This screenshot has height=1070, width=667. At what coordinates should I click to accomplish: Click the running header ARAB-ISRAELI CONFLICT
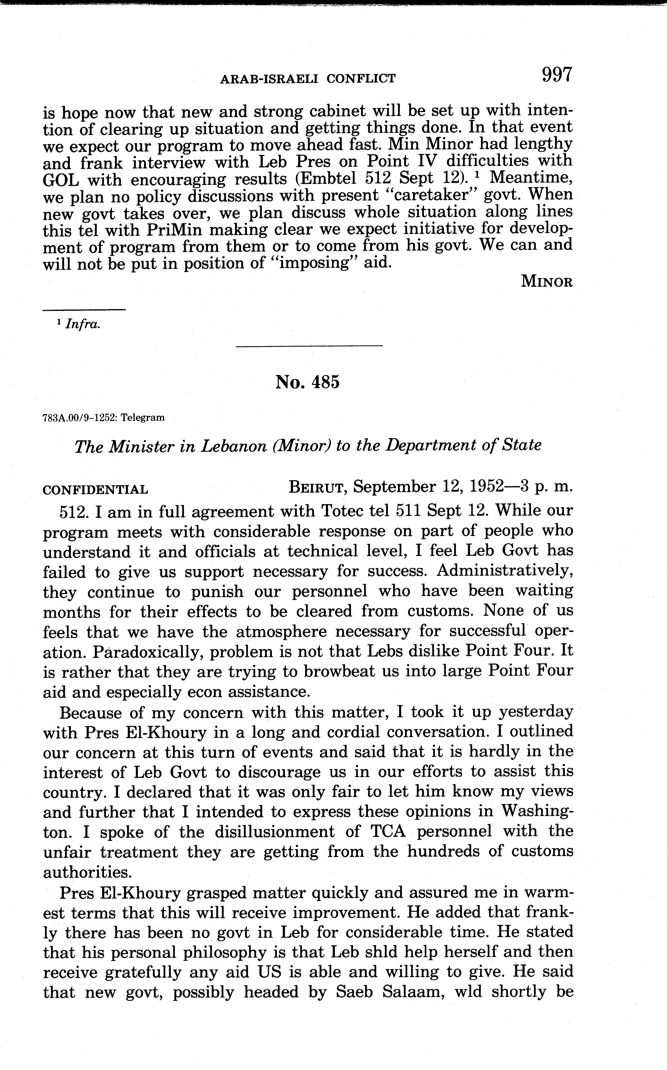(308, 79)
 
